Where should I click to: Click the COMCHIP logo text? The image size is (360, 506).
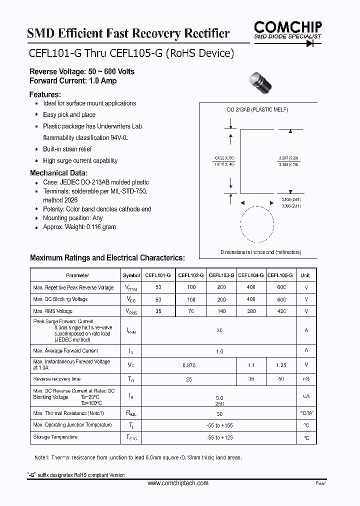coord(287,26)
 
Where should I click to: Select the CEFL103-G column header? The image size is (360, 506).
coord(221,275)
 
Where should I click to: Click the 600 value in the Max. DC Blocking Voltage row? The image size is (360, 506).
coord(281,299)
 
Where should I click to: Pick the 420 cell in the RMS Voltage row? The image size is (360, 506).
coord(281,311)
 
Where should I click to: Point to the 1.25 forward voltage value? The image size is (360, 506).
coord(281,365)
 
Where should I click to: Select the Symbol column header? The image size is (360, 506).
coord(131,275)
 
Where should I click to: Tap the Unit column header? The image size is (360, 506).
coord(305,275)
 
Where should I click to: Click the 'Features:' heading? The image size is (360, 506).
coord(45,94)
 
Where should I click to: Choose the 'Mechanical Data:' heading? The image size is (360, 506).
coord(59,173)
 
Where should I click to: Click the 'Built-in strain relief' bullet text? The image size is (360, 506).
coord(67,149)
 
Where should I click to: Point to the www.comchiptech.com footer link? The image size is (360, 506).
coord(178,483)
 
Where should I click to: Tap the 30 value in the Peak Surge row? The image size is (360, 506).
coord(219,330)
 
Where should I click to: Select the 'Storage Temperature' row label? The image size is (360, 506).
coord(55,437)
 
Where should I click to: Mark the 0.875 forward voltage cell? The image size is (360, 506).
coord(189,365)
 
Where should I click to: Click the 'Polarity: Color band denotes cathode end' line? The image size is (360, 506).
coord(97,209)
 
